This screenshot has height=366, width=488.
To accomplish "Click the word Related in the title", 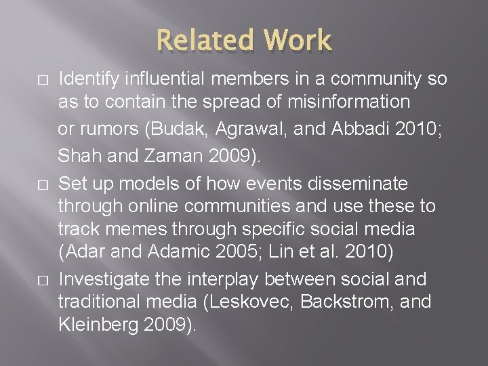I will coord(201,41).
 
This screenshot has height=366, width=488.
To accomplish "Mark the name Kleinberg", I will coord(100,325).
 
